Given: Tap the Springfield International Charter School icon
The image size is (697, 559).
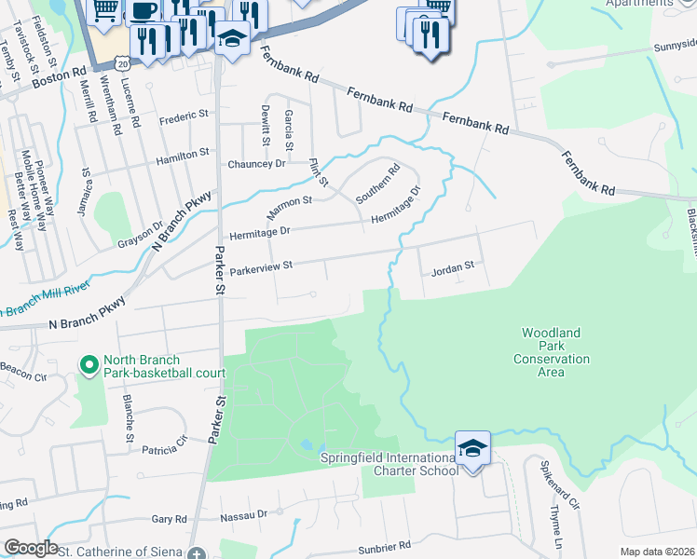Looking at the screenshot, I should (x=473, y=449).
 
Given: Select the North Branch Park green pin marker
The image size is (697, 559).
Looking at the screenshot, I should (x=89, y=365).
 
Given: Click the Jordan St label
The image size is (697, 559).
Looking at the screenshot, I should (x=453, y=266).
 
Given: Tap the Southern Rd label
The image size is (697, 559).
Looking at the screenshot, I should (x=377, y=184).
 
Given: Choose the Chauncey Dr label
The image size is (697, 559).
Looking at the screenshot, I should (x=256, y=164).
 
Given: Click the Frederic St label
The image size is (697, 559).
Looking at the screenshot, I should (x=184, y=116).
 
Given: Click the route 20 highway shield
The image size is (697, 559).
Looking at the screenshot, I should (x=122, y=62).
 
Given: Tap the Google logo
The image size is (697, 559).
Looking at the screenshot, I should (x=31, y=548).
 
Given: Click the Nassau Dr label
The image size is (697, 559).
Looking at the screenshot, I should (x=244, y=514).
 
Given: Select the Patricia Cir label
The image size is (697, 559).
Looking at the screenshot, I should (x=164, y=450).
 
